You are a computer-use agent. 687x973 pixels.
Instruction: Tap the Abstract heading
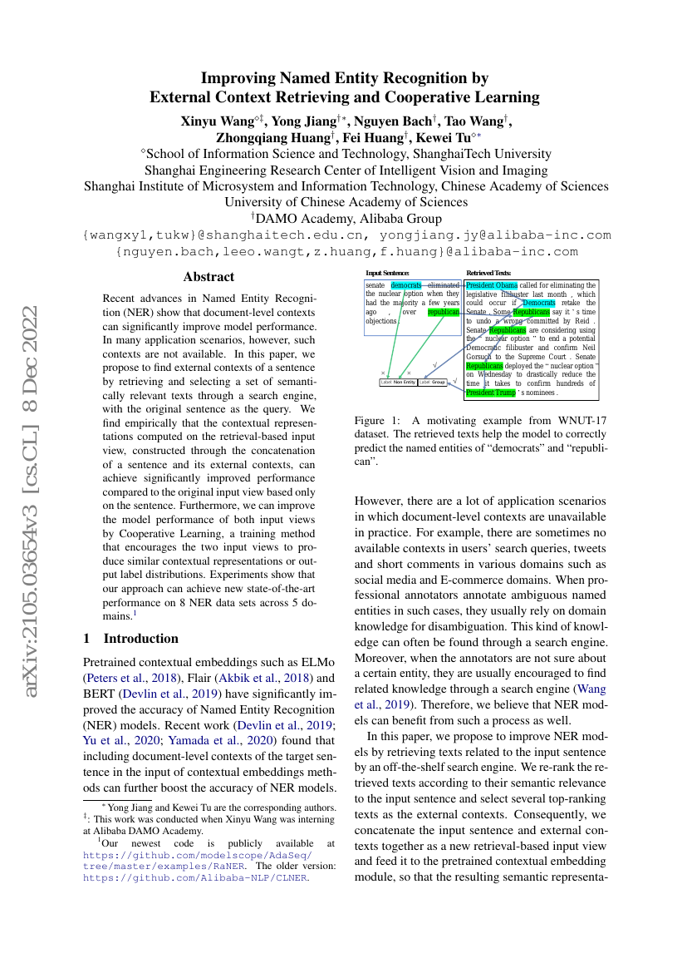tap(209, 277)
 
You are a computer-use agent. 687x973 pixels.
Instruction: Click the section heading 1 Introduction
tap(131, 639)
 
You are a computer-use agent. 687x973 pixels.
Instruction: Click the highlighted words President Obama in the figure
tap(492, 285)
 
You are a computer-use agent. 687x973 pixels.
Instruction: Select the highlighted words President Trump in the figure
tap(492, 393)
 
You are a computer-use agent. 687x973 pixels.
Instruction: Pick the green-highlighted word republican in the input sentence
tap(444, 312)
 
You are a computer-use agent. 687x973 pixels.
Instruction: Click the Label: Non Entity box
tap(398, 383)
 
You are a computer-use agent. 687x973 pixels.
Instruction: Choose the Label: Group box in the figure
tap(432, 383)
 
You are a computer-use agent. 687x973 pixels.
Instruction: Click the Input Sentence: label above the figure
tap(388, 273)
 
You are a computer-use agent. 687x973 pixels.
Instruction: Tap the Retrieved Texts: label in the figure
tap(488, 273)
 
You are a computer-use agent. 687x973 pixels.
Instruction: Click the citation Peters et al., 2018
tap(129, 679)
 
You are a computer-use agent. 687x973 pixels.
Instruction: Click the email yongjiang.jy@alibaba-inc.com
tap(501, 235)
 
